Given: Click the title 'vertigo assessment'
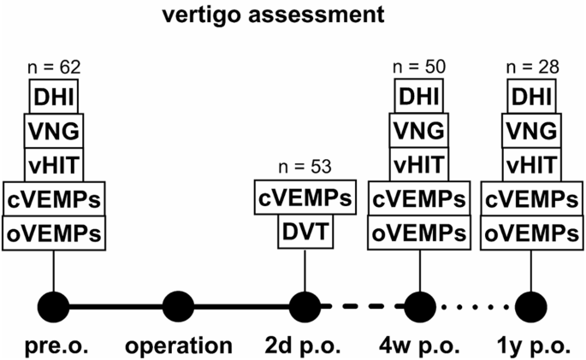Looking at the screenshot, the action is tap(273, 15).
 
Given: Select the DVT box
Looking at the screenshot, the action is tap(305, 232).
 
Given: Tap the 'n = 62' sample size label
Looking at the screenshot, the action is tap(54, 68).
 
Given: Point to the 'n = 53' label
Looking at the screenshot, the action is tap(305, 167).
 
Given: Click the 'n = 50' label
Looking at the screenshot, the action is tap(419, 67).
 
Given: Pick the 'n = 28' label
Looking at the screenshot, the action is tap(532, 68).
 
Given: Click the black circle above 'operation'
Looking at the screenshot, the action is tap(179, 307).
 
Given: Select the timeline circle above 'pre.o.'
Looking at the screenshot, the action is tap(53, 307).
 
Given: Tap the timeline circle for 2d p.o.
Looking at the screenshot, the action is tap(305, 307).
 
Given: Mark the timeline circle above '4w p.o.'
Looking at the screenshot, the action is tap(420, 307).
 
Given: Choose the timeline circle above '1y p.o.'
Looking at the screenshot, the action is tap(531, 307).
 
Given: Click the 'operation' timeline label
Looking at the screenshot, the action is tap(179, 346).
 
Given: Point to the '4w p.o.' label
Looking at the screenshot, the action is tap(419, 346).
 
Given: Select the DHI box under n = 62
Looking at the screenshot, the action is tap(54, 97).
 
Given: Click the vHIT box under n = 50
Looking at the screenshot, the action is tap(419, 165).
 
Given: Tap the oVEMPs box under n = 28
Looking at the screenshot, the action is tap(532, 233).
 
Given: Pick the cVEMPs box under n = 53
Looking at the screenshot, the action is tap(305, 198).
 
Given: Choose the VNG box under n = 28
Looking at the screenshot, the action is tap(531, 131).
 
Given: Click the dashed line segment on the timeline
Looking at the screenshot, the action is tap(363, 307).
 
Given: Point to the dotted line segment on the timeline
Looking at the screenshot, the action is tap(476, 307).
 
